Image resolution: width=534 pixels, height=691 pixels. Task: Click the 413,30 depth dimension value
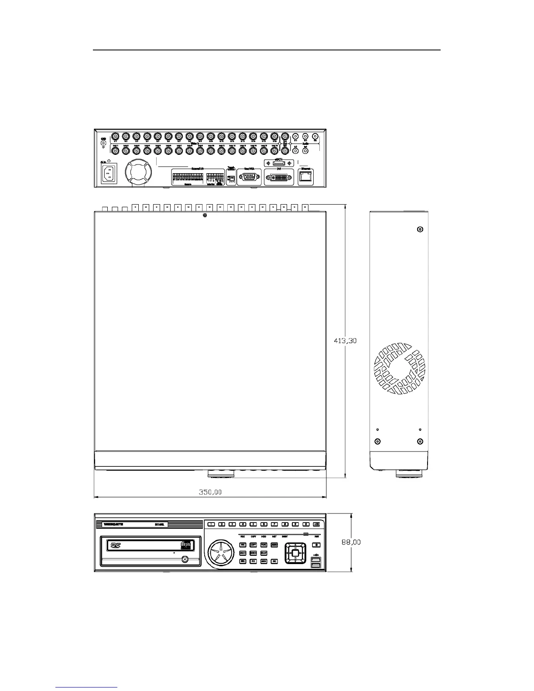click(x=346, y=341)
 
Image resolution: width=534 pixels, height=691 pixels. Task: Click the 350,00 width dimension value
click(x=210, y=492)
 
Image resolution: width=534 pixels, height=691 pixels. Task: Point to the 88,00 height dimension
click(x=351, y=542)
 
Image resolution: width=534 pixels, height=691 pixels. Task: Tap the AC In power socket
click(x=110, y=175)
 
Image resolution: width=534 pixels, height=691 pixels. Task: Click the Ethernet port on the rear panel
click(x=306, y=177)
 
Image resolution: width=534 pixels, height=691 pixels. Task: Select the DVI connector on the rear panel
click(x=279, y=178)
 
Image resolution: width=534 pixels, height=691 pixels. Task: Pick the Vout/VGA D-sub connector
click(x=249, y=178)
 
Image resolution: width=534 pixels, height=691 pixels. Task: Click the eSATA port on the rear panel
click(x=278, y=163)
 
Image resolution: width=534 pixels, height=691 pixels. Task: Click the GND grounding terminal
click(x=103, y=143)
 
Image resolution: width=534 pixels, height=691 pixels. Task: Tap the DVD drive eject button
click(x=185, y=559)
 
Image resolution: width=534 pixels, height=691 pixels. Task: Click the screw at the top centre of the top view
click(x=205, y=215)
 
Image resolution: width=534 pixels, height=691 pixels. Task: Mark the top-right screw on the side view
click(x=420, y=229)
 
